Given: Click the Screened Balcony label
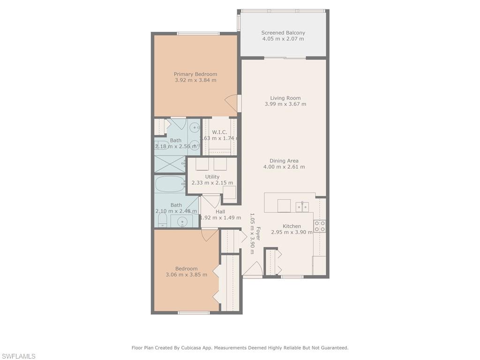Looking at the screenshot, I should click(283, 33).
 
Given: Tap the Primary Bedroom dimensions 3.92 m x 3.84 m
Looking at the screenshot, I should click(195, 80).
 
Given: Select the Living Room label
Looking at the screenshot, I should click(285, 98).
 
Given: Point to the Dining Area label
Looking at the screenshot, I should click(284, 161).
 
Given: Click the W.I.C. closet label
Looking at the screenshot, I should click(219, 133).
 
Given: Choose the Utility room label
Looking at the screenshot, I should click(212, 177).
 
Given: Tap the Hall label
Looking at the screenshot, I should click(220, 211).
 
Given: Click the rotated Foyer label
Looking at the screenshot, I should click(258, 234).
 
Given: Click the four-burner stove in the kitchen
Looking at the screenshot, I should click(320, 226).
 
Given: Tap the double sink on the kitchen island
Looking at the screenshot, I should click(302, 206).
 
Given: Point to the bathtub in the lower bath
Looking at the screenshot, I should click(170, 184).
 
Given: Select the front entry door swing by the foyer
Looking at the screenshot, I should click(253, 269).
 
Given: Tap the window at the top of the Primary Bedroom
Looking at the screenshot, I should click(198, 33).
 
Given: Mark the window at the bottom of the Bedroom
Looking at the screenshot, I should click(194, 312).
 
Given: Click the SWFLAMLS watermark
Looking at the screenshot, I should click(18, 356).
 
